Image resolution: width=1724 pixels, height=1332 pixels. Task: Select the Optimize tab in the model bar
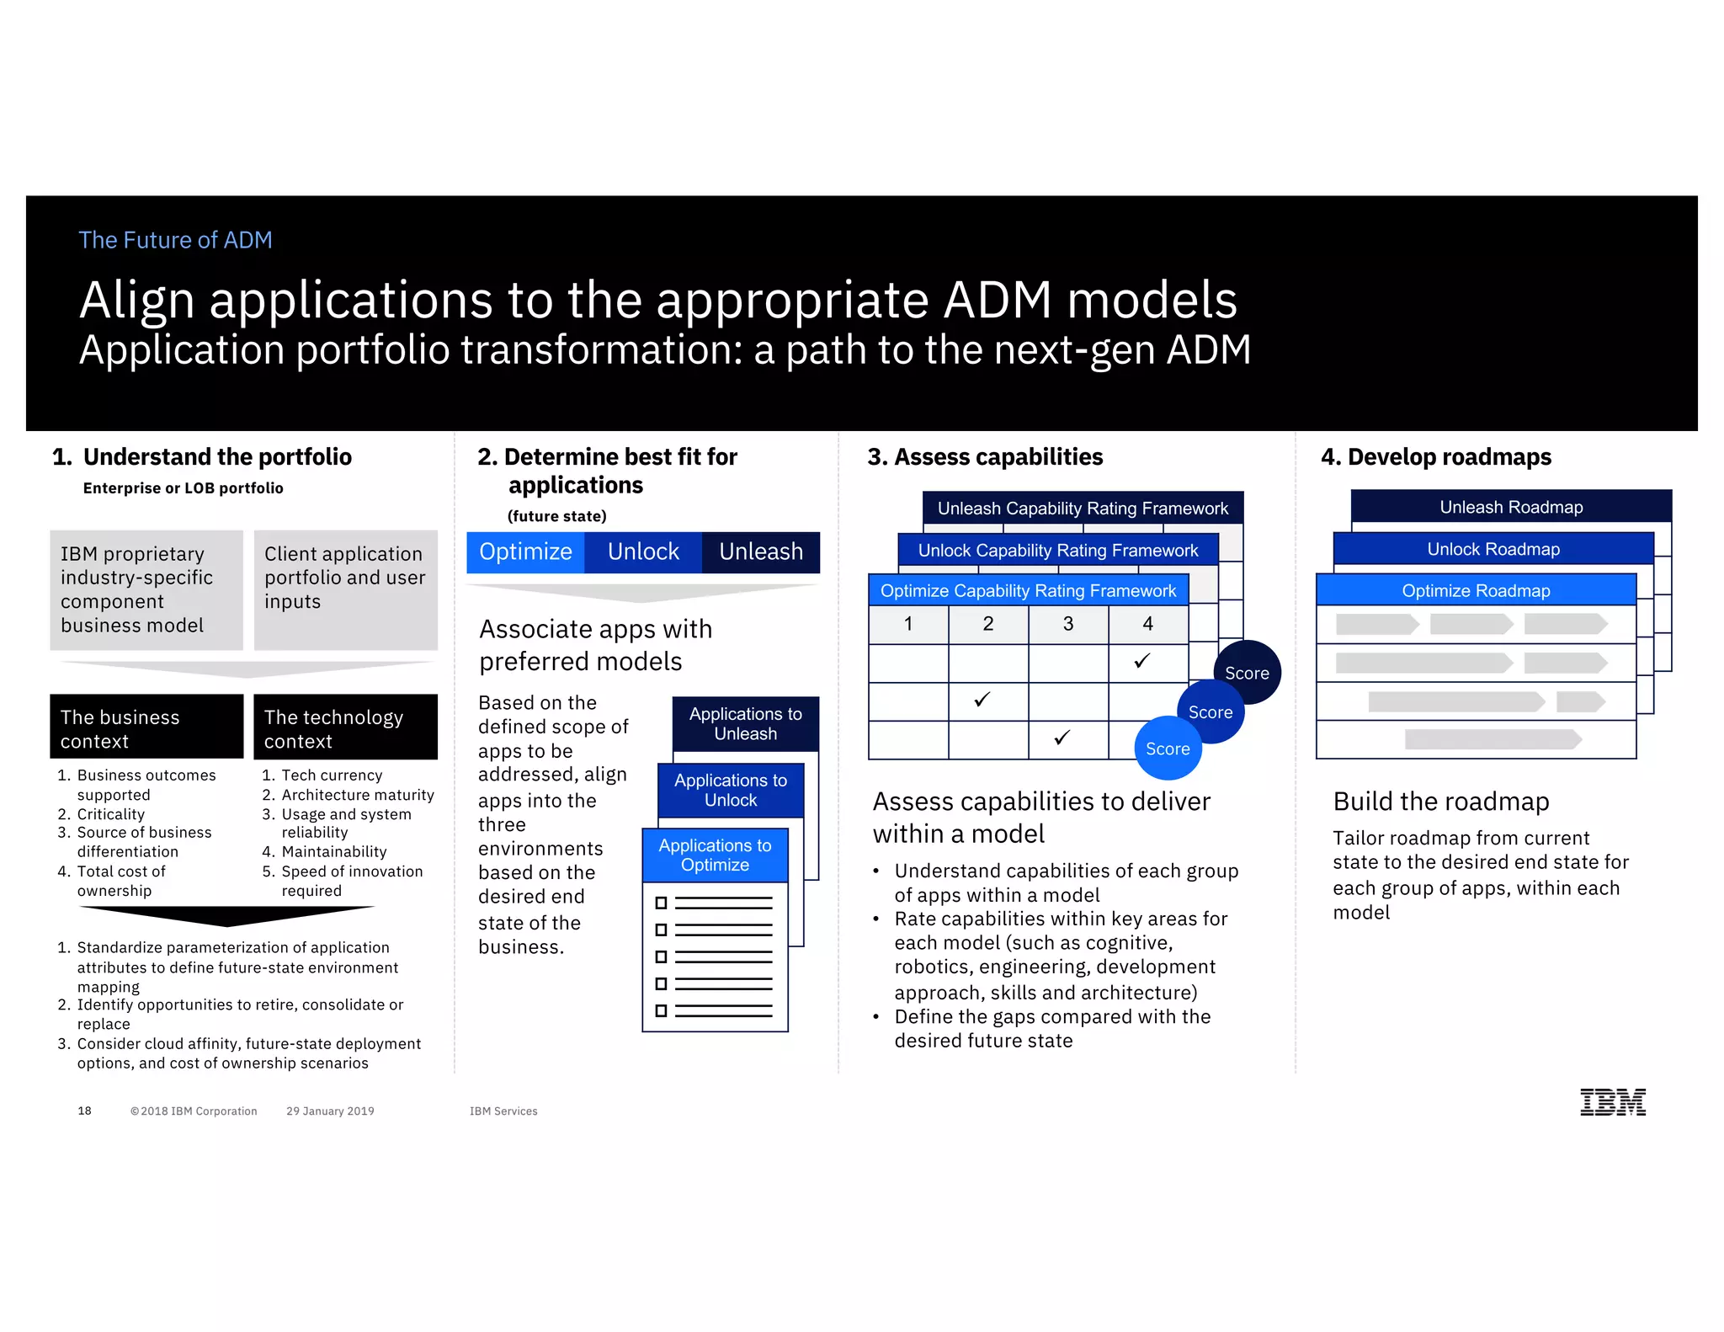(525, 552)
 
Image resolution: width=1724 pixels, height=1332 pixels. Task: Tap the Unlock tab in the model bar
(643, 552)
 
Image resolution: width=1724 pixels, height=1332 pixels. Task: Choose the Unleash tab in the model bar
(761, 552)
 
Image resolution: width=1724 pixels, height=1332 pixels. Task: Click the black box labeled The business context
(146, 727)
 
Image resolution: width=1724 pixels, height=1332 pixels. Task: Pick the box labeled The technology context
(345, 727)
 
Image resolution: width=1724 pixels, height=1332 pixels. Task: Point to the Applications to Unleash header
(745, 724)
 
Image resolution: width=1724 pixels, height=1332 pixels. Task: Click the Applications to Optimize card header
(715, 855)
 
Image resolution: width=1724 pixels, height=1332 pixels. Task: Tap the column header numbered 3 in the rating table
(1067, 624)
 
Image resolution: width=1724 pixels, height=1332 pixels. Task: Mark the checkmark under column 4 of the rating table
(1142, 661)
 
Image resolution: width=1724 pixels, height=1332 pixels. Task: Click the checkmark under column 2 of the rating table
(982, 700)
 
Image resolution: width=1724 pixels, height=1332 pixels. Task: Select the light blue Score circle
(1168, 749)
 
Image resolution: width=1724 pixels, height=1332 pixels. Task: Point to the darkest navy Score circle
(1247, 673)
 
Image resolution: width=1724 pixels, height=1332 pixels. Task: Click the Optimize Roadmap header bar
(1476, 591)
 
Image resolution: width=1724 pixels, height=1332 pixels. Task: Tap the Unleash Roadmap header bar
(1511, 507)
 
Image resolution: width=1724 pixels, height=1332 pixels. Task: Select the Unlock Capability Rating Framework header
(1057, 551)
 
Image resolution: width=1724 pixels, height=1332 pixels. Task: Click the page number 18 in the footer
(84, 1111)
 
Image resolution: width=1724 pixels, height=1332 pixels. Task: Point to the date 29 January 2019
(330, 1111)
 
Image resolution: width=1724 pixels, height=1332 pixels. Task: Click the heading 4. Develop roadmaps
(1436, 457)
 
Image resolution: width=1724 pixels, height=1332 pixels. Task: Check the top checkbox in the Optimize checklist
(661, 903)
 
